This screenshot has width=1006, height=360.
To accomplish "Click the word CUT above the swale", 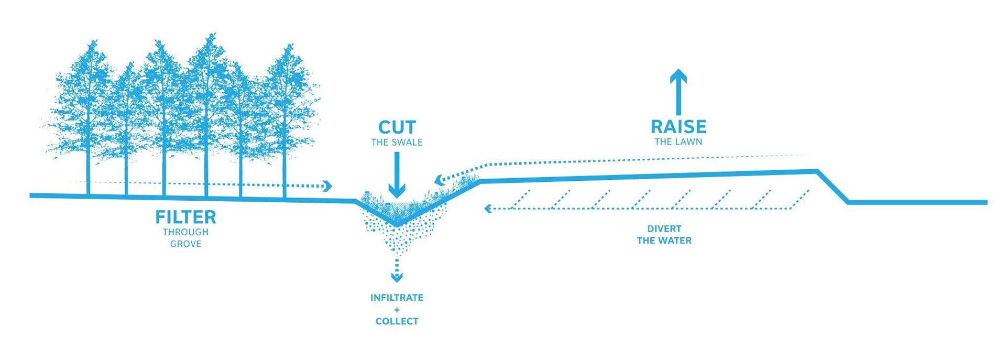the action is coord(397,127).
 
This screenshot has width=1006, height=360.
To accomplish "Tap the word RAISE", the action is coord(679,127).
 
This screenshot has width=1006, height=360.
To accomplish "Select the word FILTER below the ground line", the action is coord(185,217).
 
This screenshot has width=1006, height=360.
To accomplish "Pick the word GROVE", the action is coord(185,244).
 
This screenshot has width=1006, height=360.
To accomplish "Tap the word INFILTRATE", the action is coord(397,298).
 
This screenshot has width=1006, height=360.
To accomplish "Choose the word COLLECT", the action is coord(397,321).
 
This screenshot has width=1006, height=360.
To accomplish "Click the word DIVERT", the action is coord(664,229).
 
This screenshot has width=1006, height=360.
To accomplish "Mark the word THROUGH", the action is coord(185,232).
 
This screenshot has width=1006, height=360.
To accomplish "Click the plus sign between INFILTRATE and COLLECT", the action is coord(397,310).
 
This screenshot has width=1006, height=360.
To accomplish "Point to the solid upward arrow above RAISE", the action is coord(679,92).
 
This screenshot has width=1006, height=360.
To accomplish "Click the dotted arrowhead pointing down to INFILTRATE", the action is coord(397,277).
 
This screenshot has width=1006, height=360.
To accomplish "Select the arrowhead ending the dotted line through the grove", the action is coord(328,186).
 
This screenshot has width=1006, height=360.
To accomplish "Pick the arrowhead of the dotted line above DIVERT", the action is coord(488,209).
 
